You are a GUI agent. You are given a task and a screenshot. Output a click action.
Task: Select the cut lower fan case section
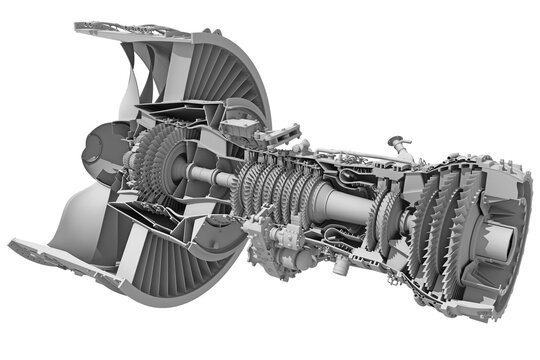60,250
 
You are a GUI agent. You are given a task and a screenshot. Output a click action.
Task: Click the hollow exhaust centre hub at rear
500,240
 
